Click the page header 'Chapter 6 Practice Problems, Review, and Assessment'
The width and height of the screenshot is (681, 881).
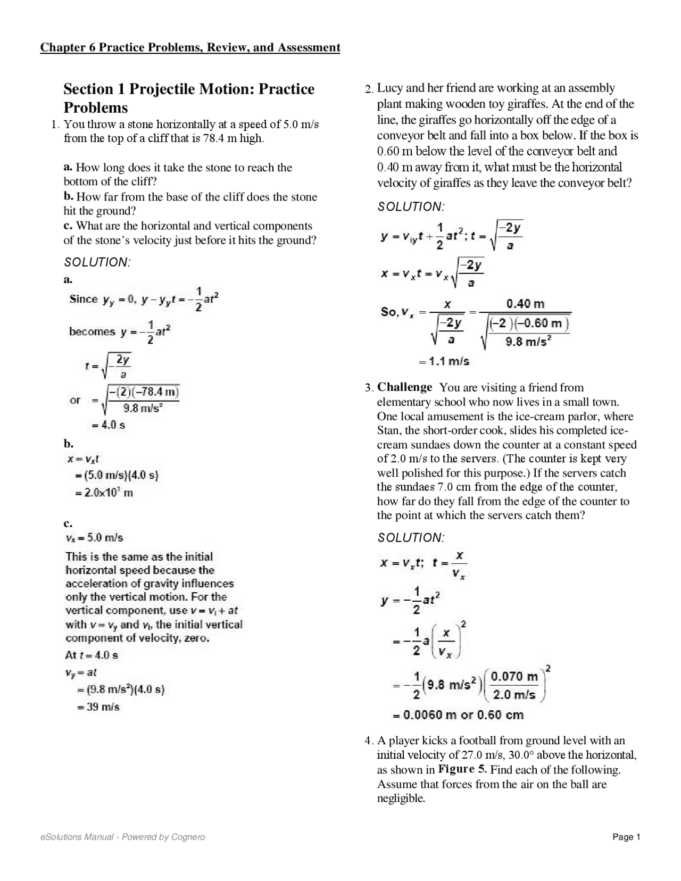pos(190,48)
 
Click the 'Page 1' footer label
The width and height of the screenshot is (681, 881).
pos(626,837)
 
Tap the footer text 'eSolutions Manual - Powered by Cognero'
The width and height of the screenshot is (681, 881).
pos(122,837)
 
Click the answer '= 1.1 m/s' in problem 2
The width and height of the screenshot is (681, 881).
pos(444,361)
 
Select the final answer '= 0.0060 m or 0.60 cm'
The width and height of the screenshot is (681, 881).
pos(458,715)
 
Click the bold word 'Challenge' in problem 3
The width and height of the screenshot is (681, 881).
pos(404,387)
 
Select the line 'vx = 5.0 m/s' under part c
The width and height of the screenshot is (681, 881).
pos(94,538)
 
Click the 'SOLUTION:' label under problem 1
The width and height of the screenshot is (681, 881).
pos(97,262)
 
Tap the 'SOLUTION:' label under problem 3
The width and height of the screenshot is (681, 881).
pos(411,538)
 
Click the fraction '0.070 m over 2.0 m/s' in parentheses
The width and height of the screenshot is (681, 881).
pos(514,686)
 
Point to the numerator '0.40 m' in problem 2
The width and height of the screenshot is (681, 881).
pos(525,304)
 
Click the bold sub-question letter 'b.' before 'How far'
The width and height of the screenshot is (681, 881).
pos(69,197)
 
